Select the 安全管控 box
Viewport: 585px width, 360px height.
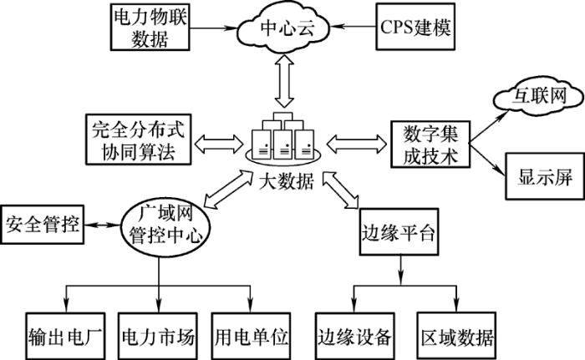pos(43,225)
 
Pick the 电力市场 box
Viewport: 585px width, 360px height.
pos(157,337)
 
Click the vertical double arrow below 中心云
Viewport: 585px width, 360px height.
pos(287,80)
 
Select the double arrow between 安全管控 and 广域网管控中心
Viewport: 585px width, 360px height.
pos(102,225)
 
